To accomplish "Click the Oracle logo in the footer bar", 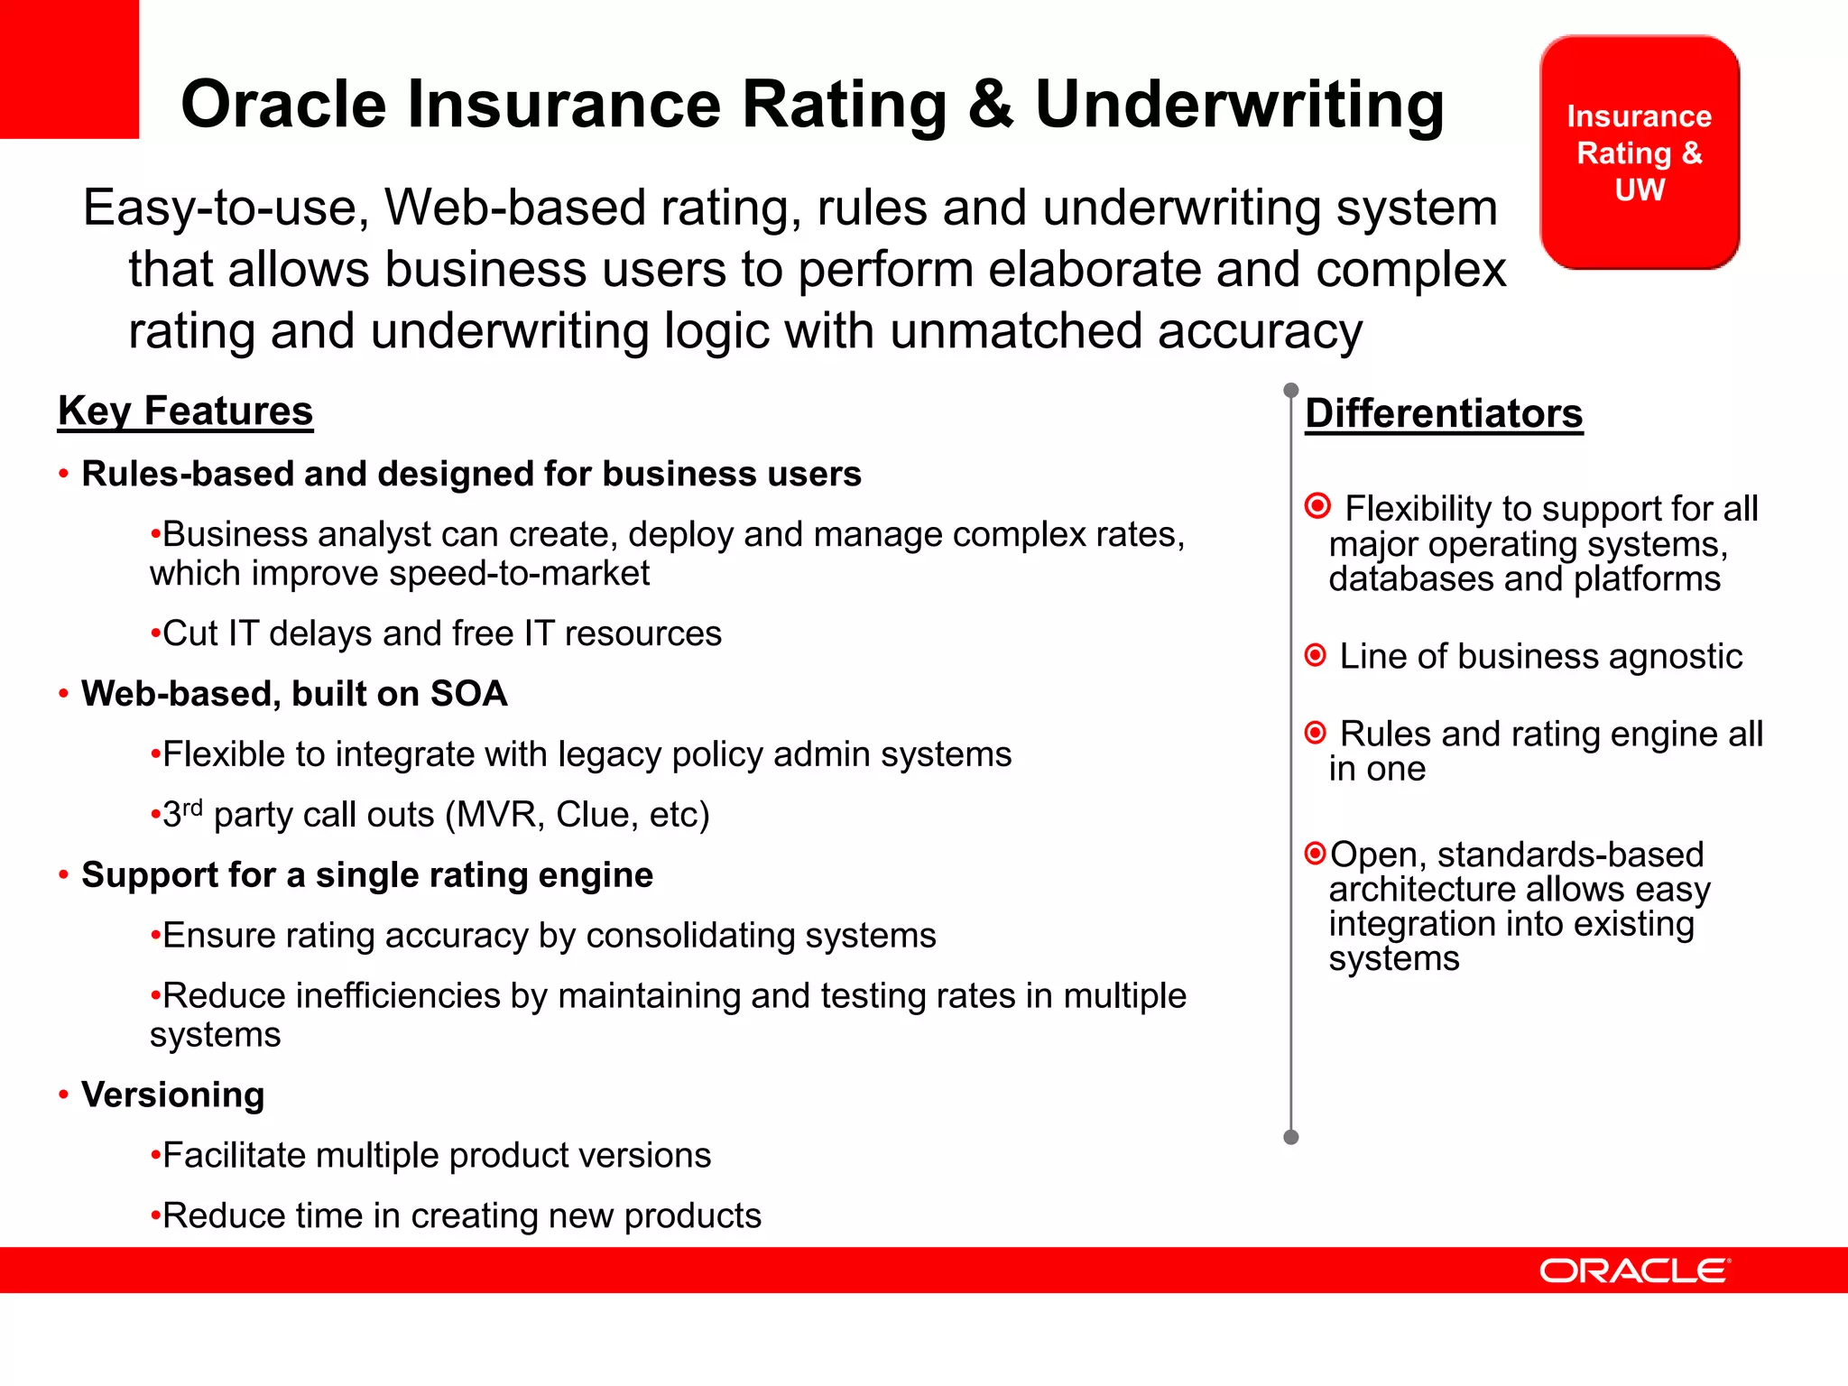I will click(x=1634, y=1270).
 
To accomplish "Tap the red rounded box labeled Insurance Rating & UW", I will click(x=1639, y=152).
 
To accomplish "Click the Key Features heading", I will click(x=185, y=411).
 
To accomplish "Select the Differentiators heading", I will click(x=1444, y=414).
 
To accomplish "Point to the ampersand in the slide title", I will click(x=991, y=105).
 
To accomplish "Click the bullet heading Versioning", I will click(x=172, y=1095).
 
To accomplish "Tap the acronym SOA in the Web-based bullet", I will click(x=468, y=694).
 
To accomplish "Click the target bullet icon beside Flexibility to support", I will click(x=1317, y=506).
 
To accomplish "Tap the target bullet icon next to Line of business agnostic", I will click(x=1316, y=654).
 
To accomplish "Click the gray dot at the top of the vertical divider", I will click(x=1290, y=390).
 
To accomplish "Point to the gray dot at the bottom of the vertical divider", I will click(x=1290, y=1137).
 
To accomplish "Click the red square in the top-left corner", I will click(x=69, y=69).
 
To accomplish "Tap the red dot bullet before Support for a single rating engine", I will click(x=63, y=875).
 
